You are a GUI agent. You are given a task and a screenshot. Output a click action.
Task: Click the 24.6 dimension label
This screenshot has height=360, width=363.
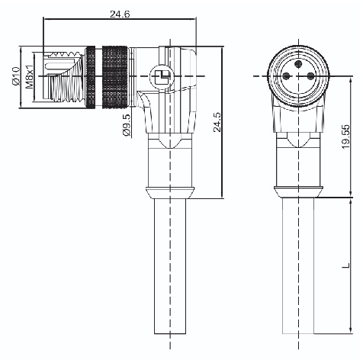[x=120, y=14]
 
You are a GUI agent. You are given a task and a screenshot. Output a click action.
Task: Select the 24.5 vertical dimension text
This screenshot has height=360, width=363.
[x=217, y=122]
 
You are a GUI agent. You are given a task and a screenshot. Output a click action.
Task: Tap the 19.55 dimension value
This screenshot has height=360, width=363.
[x=345, y=137]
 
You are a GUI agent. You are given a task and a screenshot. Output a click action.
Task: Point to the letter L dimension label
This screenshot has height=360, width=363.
[x=346, y=265]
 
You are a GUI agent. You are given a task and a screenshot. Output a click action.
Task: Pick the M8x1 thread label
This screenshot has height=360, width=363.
[x=30, y=76]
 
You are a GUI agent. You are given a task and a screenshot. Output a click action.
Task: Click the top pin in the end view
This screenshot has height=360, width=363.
[x=298, y=63]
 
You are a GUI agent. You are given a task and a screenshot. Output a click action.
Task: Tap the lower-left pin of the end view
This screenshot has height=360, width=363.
[x=287, y=76]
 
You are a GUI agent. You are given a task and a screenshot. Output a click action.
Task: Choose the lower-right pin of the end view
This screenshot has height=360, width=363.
[x=310, y=76]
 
